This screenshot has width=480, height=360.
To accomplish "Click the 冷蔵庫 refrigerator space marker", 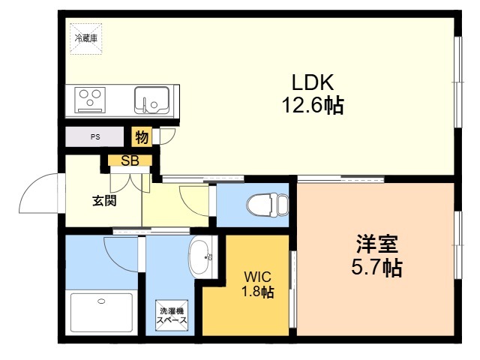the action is [x=85, y=39].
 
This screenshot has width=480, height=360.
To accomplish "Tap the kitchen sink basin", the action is [x=151, y=100].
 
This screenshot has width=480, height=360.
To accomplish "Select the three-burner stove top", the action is [x=90, y=100].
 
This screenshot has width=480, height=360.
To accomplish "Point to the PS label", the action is [x=95, y=136].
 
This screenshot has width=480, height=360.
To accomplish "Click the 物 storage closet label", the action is [x=142, y=136].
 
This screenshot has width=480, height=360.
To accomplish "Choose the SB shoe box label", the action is [x=130, y=160].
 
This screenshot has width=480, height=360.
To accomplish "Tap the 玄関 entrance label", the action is [x=104, y=201].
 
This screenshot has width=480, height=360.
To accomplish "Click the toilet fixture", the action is [x=268, y=205].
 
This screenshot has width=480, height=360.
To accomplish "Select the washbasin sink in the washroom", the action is [x=202, y=257].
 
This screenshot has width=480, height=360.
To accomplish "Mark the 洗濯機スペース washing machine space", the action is [x=172, y=316].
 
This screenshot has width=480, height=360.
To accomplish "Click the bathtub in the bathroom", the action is [x=102, y=312].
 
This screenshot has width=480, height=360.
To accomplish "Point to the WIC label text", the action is [x=257, y=277].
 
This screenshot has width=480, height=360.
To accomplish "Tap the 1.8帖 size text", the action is [x=258, y=292].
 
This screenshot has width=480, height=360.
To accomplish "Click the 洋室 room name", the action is [x=376, y=244].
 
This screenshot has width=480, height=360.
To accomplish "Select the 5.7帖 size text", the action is [x=376, y=267].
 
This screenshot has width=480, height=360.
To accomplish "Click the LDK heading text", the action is [x=313, y=82].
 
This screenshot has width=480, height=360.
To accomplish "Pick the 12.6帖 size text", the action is [x=313, y=105].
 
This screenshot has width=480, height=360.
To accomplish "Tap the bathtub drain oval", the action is [x=101, y=301].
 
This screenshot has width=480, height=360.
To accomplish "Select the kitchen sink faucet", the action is [x=144, y=103].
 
